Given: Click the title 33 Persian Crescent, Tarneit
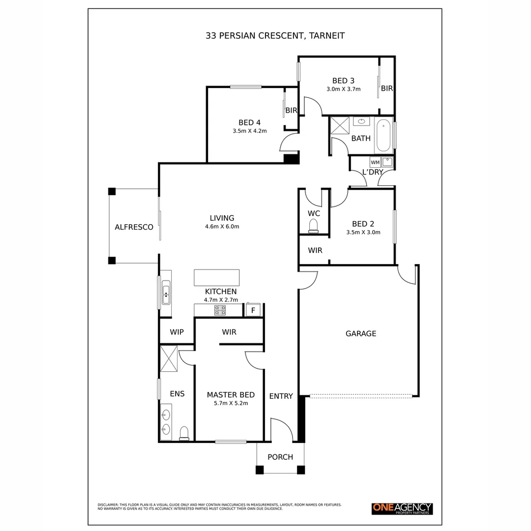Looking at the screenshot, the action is click(x=275, y=35).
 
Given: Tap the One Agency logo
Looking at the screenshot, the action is click(x=402, y=509).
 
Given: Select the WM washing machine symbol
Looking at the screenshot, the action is click(x=375, y=162).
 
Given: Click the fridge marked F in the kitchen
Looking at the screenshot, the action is click(x=253, y=310).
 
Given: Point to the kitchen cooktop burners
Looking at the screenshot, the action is click(x=220, y=310).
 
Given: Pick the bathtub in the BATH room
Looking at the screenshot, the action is click(x=383, y=135).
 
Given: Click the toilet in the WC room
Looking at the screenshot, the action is click(x=313, y=226).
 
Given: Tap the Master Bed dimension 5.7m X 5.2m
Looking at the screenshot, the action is click(x=231, y=403).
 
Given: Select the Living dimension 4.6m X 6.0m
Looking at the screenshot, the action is click(x=222, y=226).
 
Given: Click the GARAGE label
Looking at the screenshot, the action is click(x=361, y=333).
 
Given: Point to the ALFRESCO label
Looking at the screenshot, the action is click(x=134, y=227).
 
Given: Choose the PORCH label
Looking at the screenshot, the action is click(x=280, y=457).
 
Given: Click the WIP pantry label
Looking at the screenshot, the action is click(x=177, y=332).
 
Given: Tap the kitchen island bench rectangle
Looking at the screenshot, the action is click(x=217, y=278).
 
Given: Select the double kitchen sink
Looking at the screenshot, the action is click(x=166, y=292).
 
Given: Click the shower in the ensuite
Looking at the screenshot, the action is click(x=169, y=358).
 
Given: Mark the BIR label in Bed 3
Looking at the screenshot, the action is click(x=387, y=88).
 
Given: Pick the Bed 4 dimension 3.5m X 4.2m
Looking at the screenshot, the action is click(x=250, y=131).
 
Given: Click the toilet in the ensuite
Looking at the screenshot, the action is click(x=184, y=433).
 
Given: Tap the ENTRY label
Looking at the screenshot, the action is click(x=281, y=396).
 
